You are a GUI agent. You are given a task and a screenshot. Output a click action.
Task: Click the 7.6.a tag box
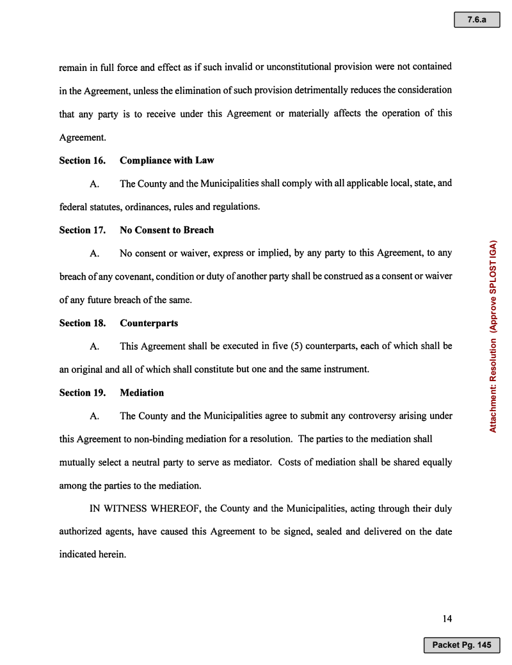[x=476, y=20]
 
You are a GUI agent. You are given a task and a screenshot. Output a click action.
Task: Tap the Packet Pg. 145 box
[x=461, y=645]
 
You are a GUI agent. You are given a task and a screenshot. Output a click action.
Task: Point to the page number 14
[x=447, y=618]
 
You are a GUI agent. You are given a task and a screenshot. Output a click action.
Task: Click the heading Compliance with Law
[x=166, y=160]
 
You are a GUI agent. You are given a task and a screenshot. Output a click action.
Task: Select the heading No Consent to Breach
[x=166, y=230]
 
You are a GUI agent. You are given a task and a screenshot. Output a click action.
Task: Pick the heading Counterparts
[x=148, y=323]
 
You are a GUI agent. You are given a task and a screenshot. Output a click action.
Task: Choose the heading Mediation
[x=141, y=393]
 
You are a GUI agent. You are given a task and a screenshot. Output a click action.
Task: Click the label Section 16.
[x=82, y=160]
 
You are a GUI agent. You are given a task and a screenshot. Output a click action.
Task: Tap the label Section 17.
[x=82, y=230]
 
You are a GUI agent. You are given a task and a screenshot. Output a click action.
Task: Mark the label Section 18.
[x=82, y=323]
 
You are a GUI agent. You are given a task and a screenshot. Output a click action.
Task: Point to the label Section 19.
[x=82, y=393]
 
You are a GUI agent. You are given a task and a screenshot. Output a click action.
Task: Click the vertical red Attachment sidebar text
[x=493, y=336]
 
